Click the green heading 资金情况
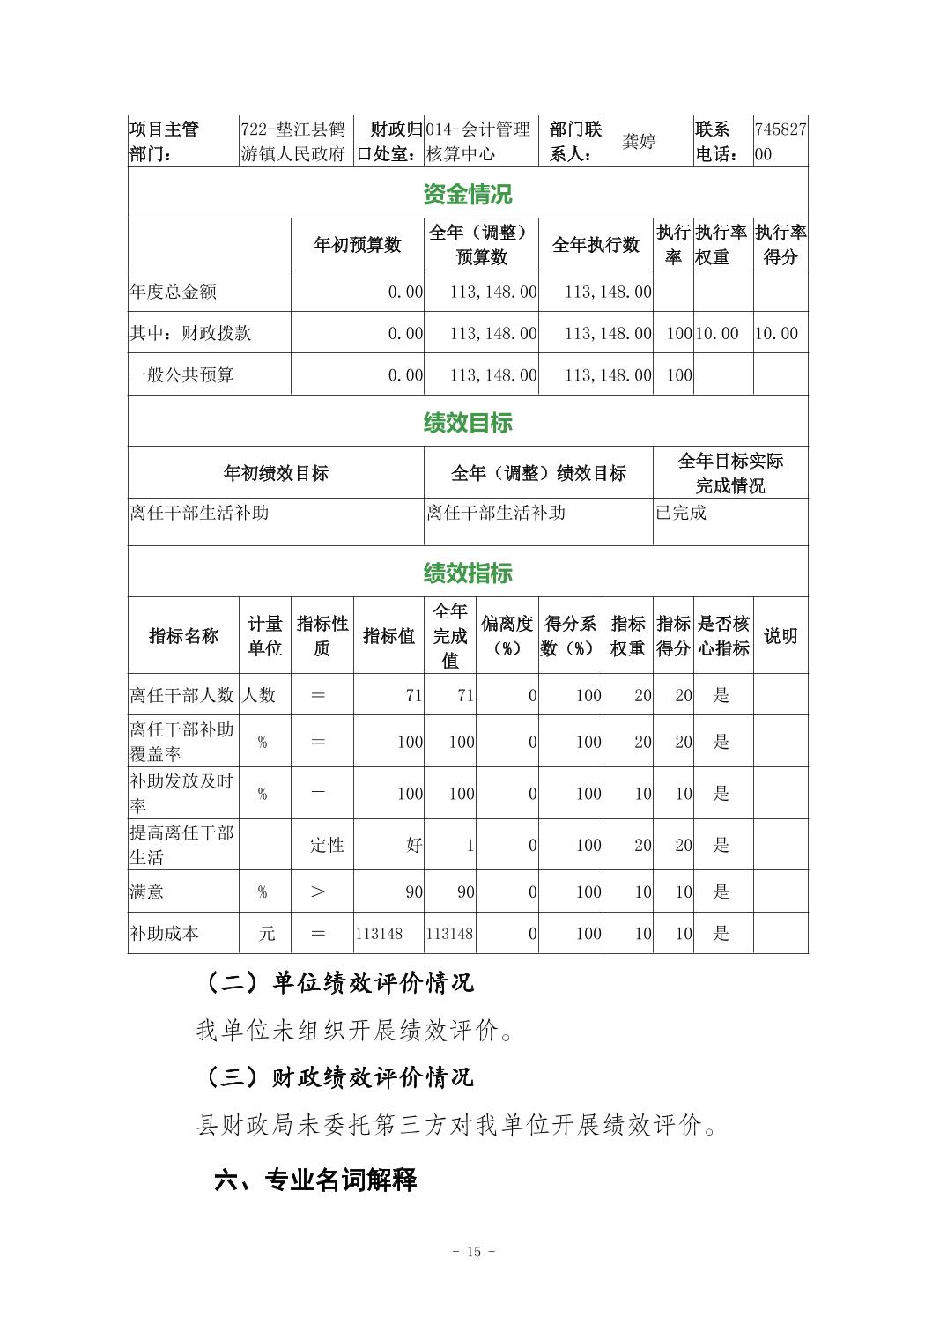467,194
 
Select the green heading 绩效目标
467,423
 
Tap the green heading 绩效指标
467,573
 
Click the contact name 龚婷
639,142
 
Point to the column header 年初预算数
357,245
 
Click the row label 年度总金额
174,292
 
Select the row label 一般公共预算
182,375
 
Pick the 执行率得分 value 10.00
776,334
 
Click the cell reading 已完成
681,513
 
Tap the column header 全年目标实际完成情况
730,473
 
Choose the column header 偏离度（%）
507,636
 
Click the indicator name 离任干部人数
182,695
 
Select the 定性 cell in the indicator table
327,845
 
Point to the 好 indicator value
414,845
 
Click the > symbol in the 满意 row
318,892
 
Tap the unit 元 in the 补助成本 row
266,934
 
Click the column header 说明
781,636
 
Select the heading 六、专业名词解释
315,1180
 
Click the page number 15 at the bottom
474,1252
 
